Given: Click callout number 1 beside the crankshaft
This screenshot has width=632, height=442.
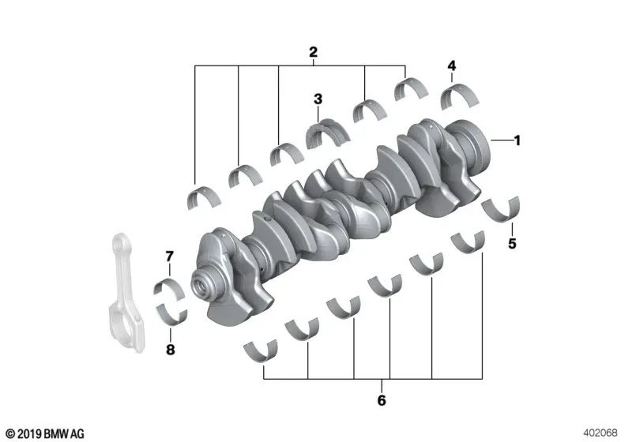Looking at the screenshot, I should (517, 141).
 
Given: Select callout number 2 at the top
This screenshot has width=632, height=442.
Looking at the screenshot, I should (313, 53).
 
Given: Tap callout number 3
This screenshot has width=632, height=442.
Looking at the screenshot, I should (318, 99).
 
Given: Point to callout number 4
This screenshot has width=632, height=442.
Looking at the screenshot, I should (451, 66).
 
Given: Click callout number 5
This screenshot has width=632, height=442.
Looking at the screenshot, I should (512, 244).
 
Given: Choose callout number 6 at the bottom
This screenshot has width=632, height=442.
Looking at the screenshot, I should (381, 401).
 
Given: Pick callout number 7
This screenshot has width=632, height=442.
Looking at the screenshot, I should (168, 256).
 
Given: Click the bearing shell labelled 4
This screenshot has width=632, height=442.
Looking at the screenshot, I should (457, 98).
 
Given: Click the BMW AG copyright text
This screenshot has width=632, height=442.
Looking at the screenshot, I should (44, 433).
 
